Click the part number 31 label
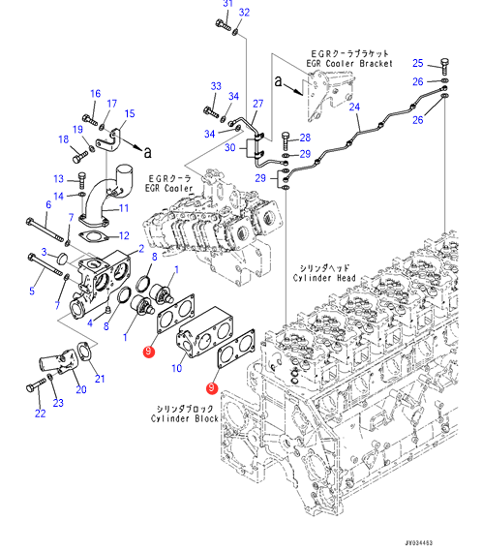point(228,3)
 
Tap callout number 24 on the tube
point(354,107)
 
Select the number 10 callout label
point(176,368)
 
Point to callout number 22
point(40,414)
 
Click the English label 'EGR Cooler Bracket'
point(349,64)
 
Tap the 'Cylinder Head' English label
point(324,278)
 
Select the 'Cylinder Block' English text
point(184,418)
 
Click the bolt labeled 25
point(444,66)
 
